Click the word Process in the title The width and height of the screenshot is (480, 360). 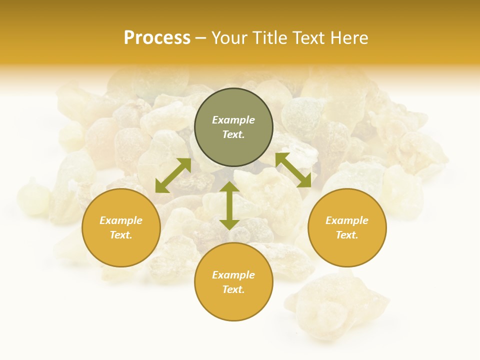[157, 38]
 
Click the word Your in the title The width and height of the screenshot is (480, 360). [230, 38]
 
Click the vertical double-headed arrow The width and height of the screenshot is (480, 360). [229, 205]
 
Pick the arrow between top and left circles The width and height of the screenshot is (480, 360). [173, 175]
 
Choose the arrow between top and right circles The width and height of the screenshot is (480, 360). [293, 170]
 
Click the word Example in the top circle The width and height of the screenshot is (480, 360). [233, 120]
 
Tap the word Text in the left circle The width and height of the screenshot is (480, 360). [120, 235]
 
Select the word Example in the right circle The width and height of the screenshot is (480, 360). [347, 220]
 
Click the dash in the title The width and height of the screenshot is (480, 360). [200, 38]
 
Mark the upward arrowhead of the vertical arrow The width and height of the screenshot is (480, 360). [229, 187]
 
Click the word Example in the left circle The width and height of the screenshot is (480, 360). [121, 220]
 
